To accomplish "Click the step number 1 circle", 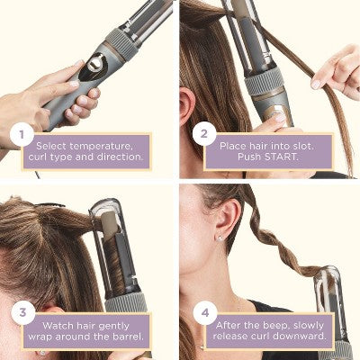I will (19, 137).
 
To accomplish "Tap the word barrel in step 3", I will (122, 337).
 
